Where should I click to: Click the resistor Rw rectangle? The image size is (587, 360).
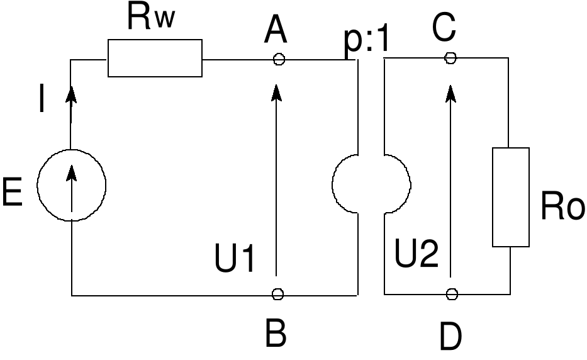pos(155,58)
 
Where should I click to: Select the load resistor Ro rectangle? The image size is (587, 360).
pos(510,197)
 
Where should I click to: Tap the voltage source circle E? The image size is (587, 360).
pos(71,185)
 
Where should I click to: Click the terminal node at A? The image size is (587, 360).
pos(279,59)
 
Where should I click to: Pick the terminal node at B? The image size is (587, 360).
pos(278,294)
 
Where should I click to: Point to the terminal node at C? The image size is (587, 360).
pos(450,58)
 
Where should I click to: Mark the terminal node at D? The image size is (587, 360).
pos(451,294)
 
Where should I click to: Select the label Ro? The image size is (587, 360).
pos(562,207)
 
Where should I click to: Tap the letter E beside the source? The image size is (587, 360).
pos(12,192)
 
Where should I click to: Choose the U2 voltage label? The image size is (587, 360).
pos(416,255)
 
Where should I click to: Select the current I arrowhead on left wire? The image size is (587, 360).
pos(71,95)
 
